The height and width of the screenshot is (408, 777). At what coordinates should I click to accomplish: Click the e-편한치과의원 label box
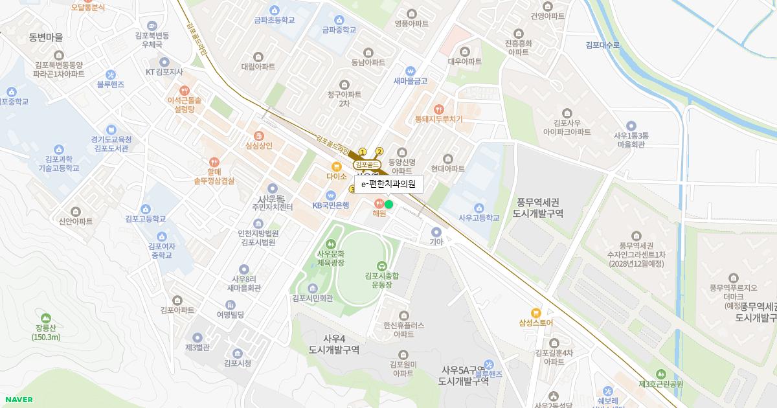tap(388, 185)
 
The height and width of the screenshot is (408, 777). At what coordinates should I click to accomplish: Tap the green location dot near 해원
tap(388, 205)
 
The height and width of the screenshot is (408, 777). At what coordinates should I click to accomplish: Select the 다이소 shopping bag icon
tap(337, 166)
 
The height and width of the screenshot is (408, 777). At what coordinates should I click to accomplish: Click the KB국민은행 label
tap(331, 205)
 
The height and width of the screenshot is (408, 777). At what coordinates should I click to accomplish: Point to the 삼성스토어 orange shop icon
tap(535, 313)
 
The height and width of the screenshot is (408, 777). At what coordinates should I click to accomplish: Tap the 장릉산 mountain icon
tap(45, 318)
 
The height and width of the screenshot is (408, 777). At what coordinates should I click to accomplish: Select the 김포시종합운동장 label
tap(381, 280)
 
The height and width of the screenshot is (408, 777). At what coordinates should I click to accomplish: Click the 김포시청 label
tap(237, 363)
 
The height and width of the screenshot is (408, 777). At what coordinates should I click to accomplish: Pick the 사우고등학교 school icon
tap(479, 207)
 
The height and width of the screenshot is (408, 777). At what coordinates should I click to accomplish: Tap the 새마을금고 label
tap(411, 81)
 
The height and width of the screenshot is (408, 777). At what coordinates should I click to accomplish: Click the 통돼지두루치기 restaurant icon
tap(440, 109)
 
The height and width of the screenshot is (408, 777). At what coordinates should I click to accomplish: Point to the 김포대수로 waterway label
tap(602, 45)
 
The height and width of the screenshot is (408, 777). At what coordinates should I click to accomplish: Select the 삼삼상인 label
tap(259, 146)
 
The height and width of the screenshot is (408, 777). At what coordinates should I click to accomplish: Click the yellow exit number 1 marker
tap(363, 152)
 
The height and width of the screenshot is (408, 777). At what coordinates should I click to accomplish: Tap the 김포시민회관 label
tap(312, 299)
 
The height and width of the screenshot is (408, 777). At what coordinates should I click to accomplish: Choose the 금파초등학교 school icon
tap(275, 10)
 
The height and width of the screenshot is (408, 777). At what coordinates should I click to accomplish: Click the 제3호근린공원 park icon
tap(660, 374)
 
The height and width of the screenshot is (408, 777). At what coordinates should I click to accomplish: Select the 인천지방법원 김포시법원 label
tap(258, 238)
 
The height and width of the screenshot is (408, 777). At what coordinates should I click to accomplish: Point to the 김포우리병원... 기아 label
tap(436, 242)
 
